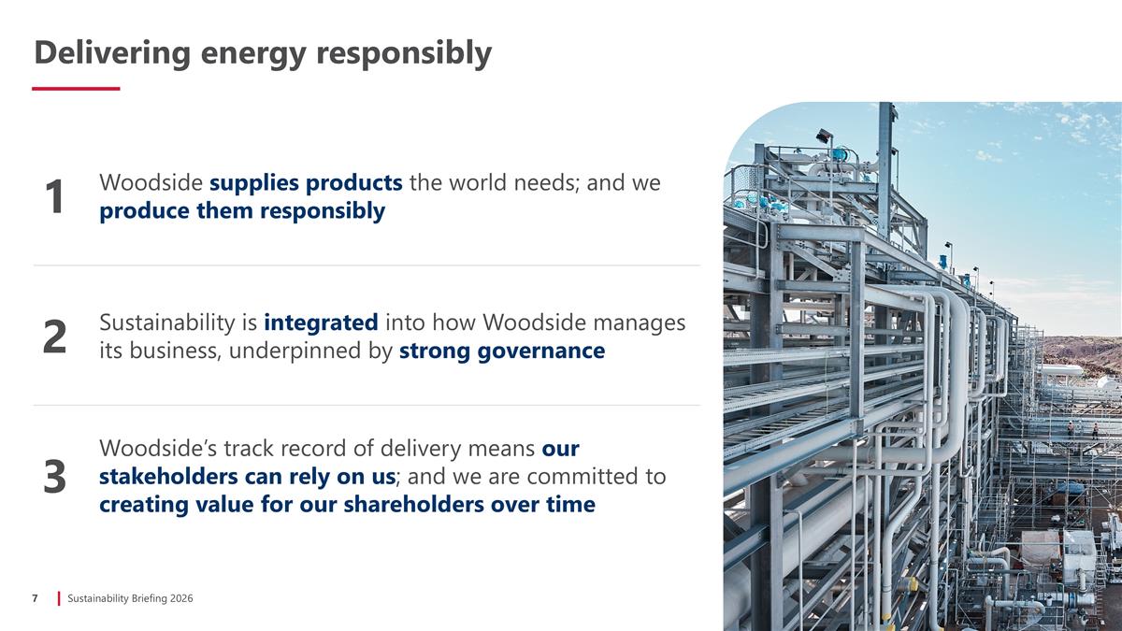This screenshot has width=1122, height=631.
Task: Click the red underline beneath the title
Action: [76, 89]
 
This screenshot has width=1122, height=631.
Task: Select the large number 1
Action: [55, 197]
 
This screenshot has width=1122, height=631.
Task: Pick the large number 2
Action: [55, 337]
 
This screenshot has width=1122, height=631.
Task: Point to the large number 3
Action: [55, 478]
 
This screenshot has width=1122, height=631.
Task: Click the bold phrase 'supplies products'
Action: [306, 182]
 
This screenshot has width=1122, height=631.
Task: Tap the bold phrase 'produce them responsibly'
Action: [242, 211]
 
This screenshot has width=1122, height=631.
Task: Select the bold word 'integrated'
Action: [321, 323]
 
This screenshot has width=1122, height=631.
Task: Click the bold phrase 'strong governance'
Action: [502, 351]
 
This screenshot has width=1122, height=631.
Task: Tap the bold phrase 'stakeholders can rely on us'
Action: [248, 477]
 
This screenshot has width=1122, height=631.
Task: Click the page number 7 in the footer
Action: [35, 598]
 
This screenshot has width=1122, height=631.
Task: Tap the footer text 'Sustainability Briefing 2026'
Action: [130, 598]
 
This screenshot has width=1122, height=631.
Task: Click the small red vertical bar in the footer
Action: [59, 598]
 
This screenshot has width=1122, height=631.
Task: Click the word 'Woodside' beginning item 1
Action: [151, 182]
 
